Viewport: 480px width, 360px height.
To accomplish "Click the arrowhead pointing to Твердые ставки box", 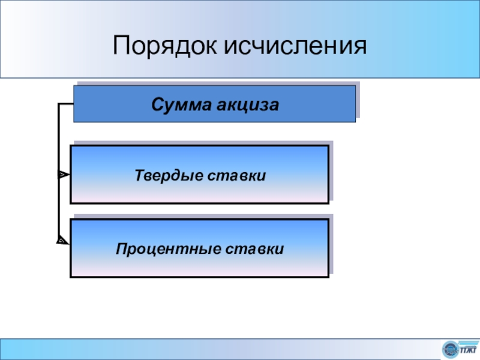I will point(63,175).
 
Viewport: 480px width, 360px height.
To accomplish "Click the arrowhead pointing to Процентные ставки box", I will point(63,241).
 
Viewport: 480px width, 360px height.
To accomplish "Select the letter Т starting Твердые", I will point(137,176).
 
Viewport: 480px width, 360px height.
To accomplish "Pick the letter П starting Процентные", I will point(121,248).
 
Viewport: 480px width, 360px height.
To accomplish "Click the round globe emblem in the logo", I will point(449,349).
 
